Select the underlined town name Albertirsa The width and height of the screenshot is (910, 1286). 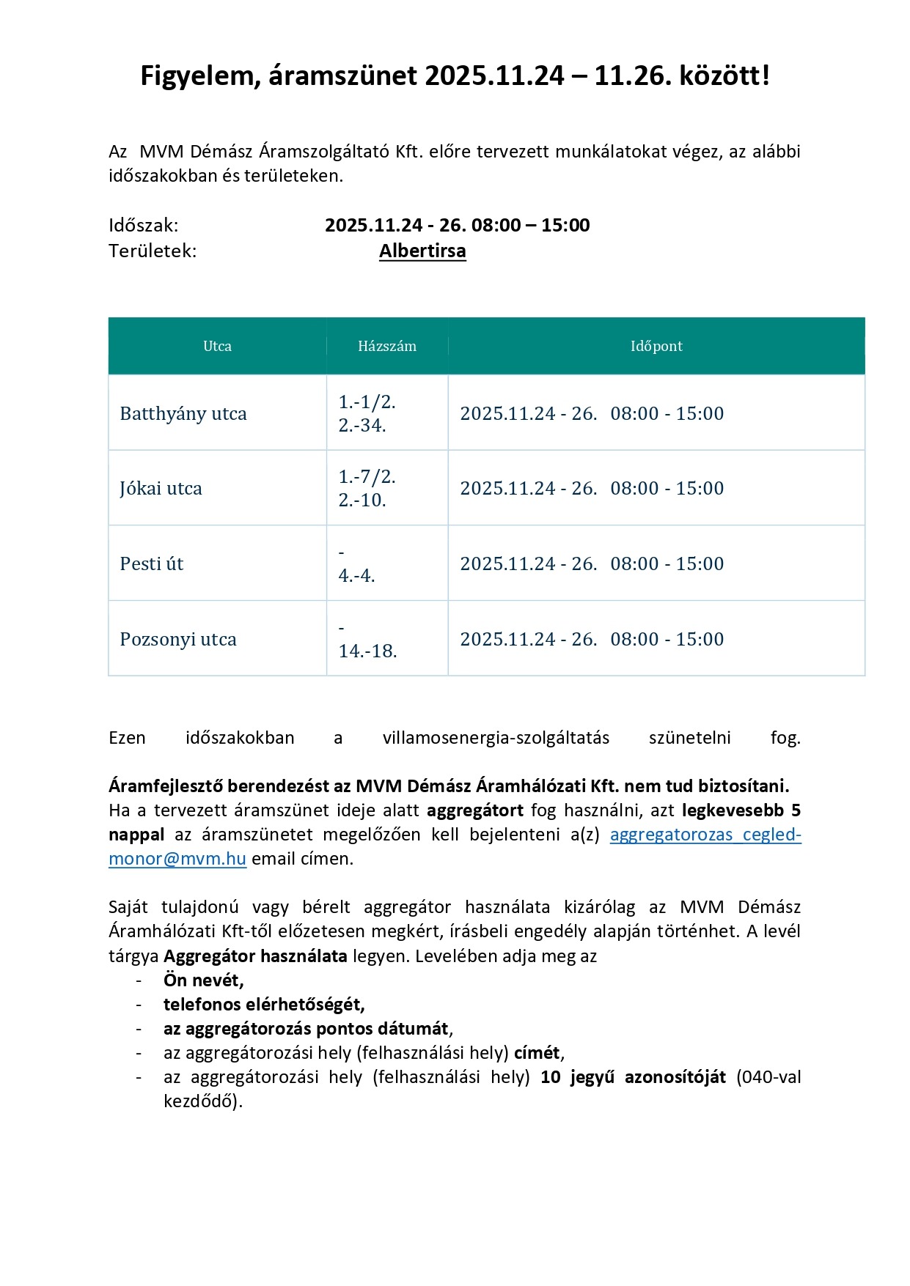tap(422, 251)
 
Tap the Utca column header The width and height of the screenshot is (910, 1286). tap(217, 346)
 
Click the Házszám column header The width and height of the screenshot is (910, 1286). tap(387, 346)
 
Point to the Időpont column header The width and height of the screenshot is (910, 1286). tap(656, 346)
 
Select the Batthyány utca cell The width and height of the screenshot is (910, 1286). tap(183, 414)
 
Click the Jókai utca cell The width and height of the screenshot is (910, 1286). tap(161, 489)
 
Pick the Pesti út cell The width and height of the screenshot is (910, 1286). tap(152, 564)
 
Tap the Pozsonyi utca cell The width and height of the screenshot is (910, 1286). tap(178, 640)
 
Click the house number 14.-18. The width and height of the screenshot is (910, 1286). tap(367, 651)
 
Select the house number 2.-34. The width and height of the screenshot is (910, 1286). tap(362, 426)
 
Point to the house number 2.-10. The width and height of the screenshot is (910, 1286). tap(362, 500)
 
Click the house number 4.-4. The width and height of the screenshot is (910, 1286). tap(356, 576)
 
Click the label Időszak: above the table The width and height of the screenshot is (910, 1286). tap(144, 225)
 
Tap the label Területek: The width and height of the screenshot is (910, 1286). tap(153, 251)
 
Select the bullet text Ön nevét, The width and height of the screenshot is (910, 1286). tap(203, 980)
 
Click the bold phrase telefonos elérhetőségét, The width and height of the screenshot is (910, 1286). tap(264, 1005)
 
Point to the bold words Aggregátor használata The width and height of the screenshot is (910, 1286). tap(255, 956)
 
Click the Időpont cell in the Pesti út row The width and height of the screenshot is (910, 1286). tap(592, 564)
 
